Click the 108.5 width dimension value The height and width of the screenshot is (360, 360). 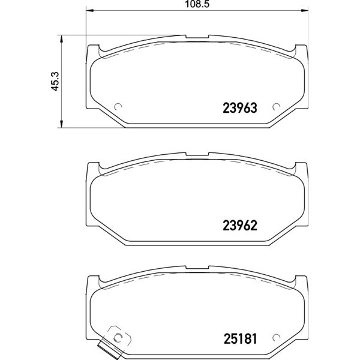pos(197,4)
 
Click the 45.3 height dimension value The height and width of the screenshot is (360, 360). pos(55,81)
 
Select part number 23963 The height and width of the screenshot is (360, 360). pos(240,108)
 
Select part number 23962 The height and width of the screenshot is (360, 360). pos(240,226)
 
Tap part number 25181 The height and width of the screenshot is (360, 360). pos(240,338)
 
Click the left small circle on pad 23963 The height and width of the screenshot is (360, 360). pos(118,107)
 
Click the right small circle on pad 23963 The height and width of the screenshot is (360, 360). pos(276,107)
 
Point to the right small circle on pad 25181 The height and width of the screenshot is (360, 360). pos(276,337)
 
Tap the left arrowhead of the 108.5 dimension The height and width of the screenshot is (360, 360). pos(89,10)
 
